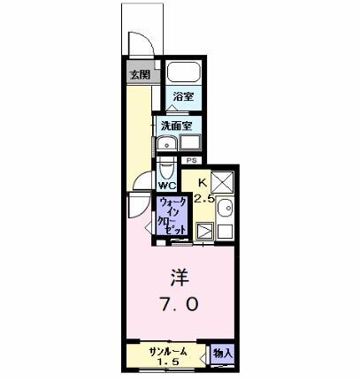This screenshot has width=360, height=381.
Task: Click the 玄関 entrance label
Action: pyautogui.click(x=139, y=74)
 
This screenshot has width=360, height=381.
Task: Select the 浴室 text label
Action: pyautogui.click(x=184, y=97)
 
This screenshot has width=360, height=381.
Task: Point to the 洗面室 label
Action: pyautogui.click(x=177, y=126)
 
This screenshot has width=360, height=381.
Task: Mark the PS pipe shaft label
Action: pyautogui.click(x=190, y=160)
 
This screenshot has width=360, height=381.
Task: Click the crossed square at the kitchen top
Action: pyautogui.click(x=221, y=183)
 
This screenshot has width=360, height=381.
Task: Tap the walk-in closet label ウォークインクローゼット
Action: pyautogui.click(x=172, y=215)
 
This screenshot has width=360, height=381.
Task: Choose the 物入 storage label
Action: pyautogui.click(x=223, y=354)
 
